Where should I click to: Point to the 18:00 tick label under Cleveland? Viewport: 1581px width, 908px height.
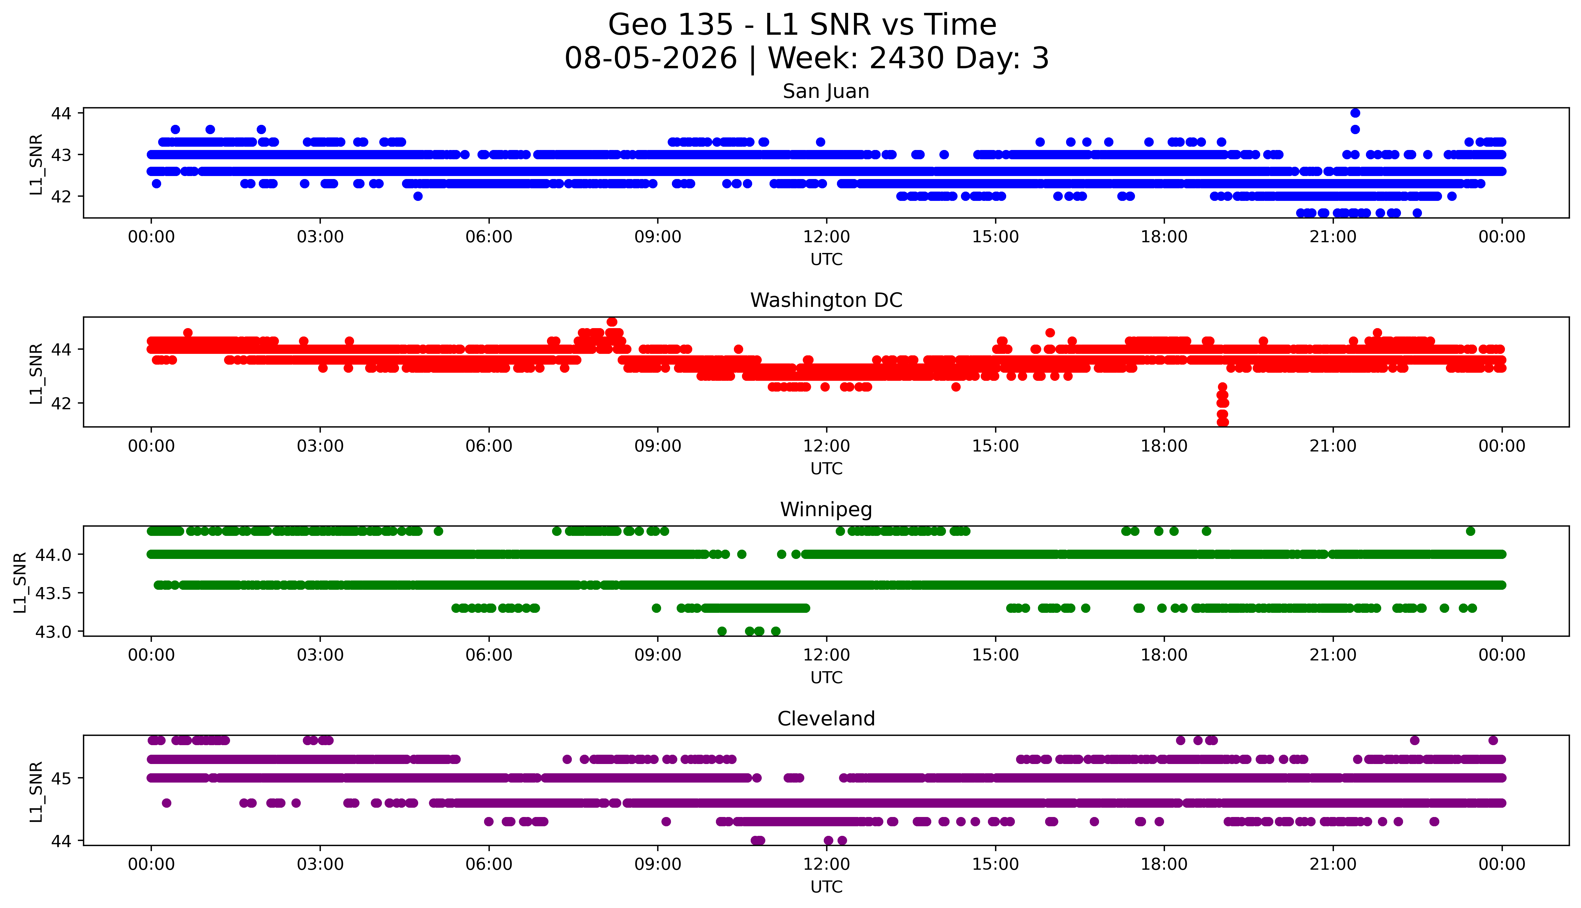tap(1164, 864)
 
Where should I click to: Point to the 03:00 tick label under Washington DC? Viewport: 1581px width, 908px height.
tap(320, 446)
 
